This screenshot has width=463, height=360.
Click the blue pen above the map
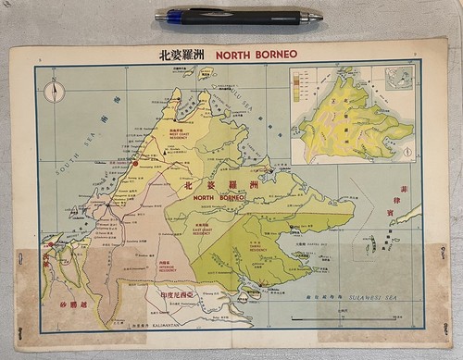(237, 16)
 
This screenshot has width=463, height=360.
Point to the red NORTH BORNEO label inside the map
(219, 197)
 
